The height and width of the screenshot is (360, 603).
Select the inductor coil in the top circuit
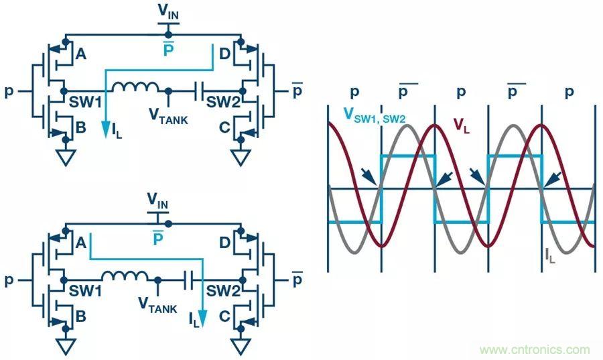click(x=136, y=88)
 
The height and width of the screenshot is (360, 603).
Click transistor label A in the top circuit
click(x=80, y=56)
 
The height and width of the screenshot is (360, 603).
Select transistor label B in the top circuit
click(x=81, y=125)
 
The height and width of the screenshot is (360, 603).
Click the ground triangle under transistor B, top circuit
click(x=65, y=159)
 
